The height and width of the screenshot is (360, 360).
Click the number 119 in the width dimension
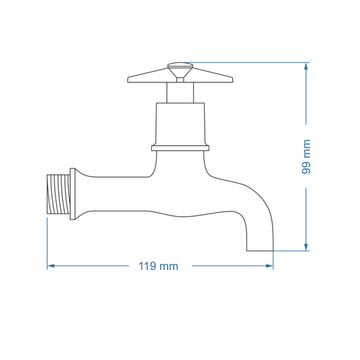148,266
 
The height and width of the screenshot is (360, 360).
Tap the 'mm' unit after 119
170,266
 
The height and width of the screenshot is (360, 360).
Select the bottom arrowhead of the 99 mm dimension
306,247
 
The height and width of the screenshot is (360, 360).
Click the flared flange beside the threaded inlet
76,195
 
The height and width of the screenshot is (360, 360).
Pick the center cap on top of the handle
180,68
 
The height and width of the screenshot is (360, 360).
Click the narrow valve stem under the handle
180,93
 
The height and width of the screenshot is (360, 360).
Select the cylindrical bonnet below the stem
180,123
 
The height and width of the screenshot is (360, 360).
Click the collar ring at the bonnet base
180,147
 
